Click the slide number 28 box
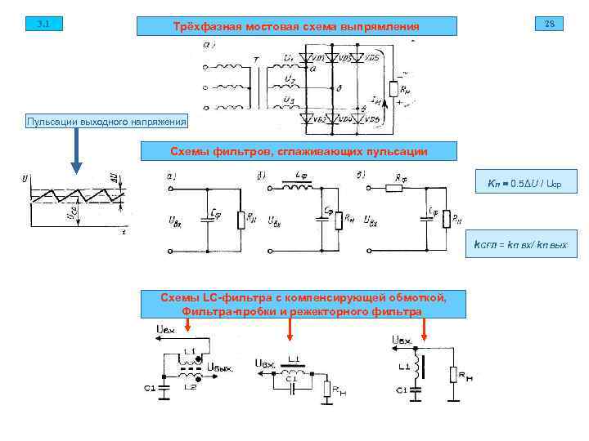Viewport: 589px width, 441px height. pyautogui.click(x=549, y=24)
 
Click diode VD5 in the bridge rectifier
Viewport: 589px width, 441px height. pyautogui.click(x=365, y=58)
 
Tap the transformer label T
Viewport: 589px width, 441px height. pyautogui.click(x=256, y=59)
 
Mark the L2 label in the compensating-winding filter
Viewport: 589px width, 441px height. pyautogui.click(x=190, y=386)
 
